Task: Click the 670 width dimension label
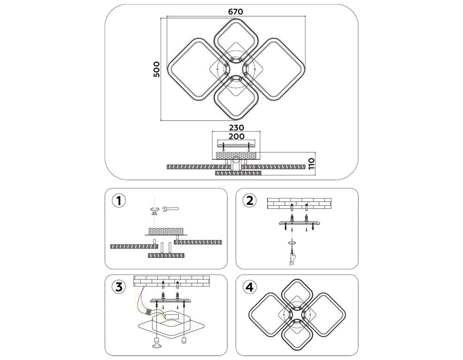coord(236,12)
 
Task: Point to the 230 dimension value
coord(236,127)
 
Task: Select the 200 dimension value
coord(236,137)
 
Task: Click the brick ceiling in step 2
coord(300,203)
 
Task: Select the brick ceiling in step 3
coord(171,280)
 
